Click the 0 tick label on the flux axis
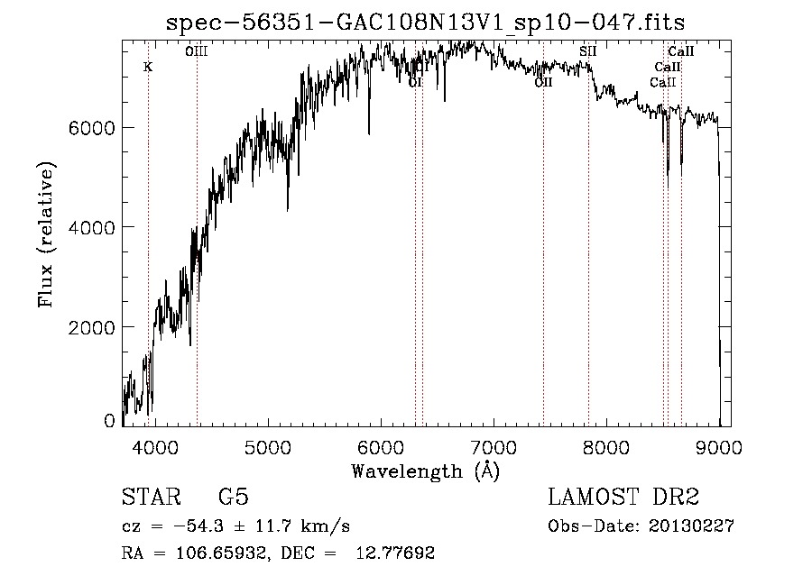click(x=109, y=421)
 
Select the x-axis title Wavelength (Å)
click(x=425, y=471)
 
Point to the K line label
click(x=148, y=67)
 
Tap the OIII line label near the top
click(x=196, y=52)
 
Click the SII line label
click(x=587, y=51)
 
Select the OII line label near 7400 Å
click(x=543, y=82)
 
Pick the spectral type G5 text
click(x=234, y=498)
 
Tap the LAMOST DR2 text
click(x=623, y=498)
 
